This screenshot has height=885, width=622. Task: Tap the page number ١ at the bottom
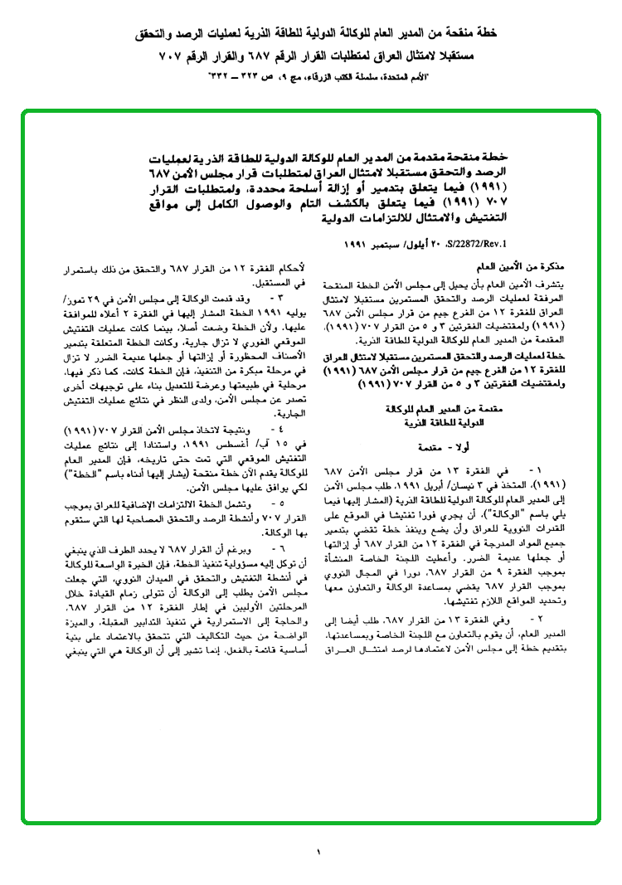(318, 852)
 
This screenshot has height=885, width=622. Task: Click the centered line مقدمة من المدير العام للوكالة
(451, 410)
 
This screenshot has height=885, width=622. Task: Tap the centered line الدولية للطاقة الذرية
(451, 421)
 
